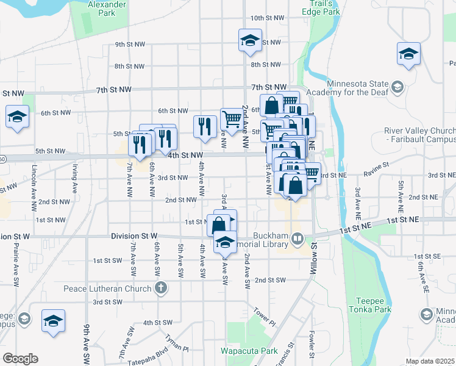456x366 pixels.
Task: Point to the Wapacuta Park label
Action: pos(249,351)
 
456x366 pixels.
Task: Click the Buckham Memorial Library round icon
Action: pos(297,238)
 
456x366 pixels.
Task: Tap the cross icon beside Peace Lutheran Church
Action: pos(161,287)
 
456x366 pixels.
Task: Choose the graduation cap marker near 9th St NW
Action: pos(250,41)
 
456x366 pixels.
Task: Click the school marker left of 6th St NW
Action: pos(18,117)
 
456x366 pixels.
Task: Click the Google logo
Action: pos(20,359)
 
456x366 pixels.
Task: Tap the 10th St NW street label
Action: pos(265,18)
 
